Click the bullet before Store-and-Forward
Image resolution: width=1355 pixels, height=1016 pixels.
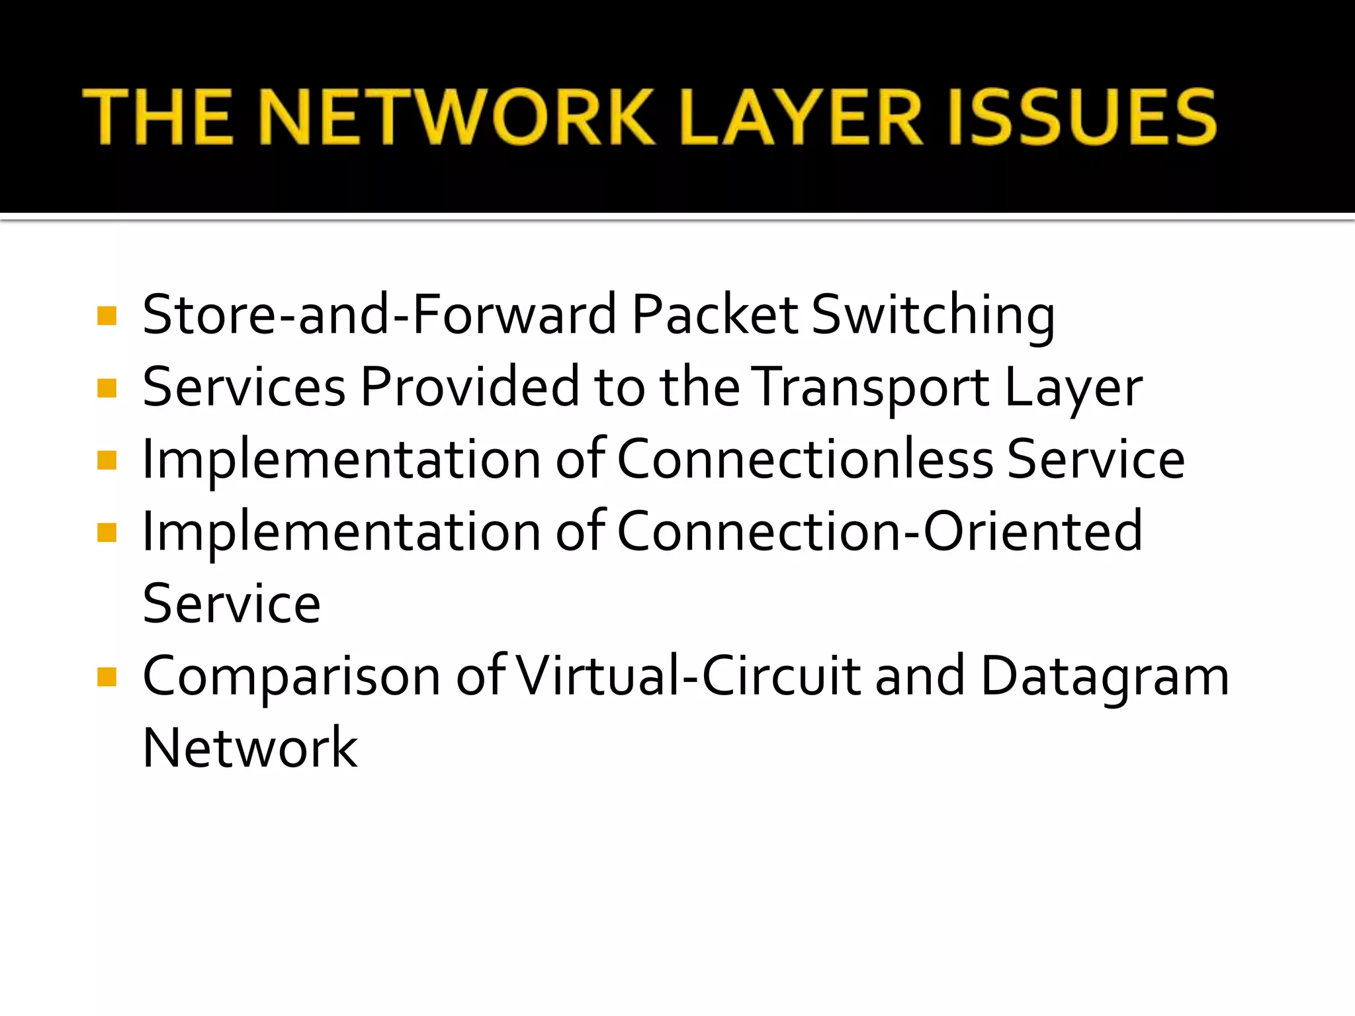pyautogui.click(x=107, y=316)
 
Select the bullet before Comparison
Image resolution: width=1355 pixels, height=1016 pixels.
pyautogui.click(x=107, y=677)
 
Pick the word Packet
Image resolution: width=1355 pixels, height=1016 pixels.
pyautogui.click(x=715, y=314)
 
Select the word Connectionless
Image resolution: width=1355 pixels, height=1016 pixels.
pyautogui.click(x=805, y=459)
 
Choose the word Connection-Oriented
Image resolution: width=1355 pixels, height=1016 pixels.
pyautogui.click(x=879, y=531)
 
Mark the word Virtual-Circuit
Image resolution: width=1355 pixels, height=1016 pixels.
pyautogui.click(x=689, y=676)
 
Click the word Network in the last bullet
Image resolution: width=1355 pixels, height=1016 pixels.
pyautogui.click(x=250, y=748)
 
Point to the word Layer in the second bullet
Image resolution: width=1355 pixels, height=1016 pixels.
pyautogui.click(x=1073, y=388)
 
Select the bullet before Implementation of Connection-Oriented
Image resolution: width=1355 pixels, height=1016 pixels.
pyautogui.click(x=107, y=532)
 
